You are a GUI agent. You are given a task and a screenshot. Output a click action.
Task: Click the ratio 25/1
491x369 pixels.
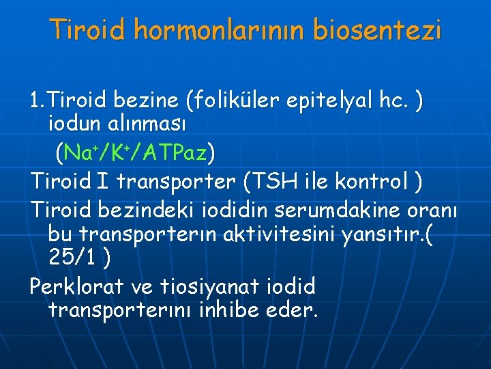(71, 259)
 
